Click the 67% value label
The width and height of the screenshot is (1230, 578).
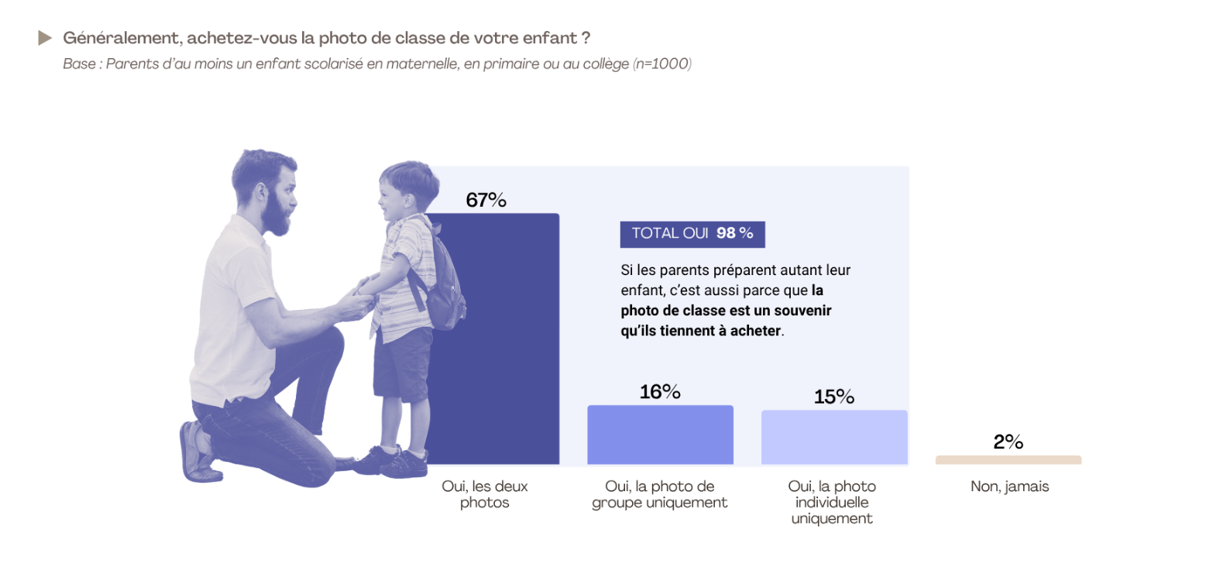tap(486, 200)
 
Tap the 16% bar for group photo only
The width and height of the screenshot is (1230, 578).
tap(660, 435)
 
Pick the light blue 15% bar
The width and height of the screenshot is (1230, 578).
tap(834, 437)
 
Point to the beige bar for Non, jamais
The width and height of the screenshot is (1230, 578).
tap(1008, 460)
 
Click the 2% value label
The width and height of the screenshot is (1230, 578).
tap(1008, 441)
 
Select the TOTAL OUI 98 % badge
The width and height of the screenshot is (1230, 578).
tap(692, 234)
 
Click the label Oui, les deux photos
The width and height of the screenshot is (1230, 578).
tap(485, 494)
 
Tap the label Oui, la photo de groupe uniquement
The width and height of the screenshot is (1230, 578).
tap(659, 494)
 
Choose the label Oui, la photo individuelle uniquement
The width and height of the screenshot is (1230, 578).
tap(832, 502)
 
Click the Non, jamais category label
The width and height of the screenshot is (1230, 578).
tap(1010, 487)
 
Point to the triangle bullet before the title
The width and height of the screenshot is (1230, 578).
tap(44, 38)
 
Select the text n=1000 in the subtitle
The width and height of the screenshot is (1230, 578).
tap(661, 64)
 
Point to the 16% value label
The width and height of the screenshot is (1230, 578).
tap(660, 392)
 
